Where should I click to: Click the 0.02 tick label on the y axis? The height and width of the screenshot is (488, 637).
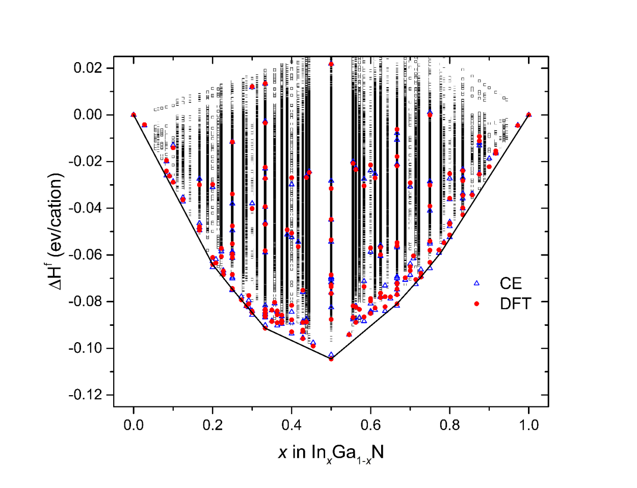click(x=87, y=68)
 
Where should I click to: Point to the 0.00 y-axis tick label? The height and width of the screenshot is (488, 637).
click(x=87, y=115)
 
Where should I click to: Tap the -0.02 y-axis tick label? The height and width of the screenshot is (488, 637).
click(x=85, y=162)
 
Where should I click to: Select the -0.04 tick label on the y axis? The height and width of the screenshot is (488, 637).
click(x=85, y=208)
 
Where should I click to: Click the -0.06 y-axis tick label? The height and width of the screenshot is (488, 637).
click(x=85, y=255)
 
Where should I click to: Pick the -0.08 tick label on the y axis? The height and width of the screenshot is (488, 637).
click(x=85, y=301)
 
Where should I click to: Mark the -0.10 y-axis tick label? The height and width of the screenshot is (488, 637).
click(x=85, y=348)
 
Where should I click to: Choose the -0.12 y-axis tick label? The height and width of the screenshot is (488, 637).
click(x=85, y=395)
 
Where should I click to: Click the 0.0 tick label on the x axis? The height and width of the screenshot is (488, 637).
click(x=134, y=425)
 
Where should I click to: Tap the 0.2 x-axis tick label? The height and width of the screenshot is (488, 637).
click(x=213, y=425)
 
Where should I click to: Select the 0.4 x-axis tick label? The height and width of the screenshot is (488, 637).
click(x=291, y=425)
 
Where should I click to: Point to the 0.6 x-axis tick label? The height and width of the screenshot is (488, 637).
click(x=370, y=425)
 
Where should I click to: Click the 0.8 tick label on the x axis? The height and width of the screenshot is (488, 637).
click(x=449, y=425)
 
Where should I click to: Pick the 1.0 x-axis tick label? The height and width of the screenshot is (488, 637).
click(x=528, y=425)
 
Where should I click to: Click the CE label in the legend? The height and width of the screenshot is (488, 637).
click(x=511, y=284)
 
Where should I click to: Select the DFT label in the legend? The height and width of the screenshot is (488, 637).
click(x=515, y=304)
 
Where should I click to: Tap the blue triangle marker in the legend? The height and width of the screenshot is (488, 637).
click(x=477, y=283)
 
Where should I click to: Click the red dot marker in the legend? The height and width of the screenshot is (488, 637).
click(x=477, y=304)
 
